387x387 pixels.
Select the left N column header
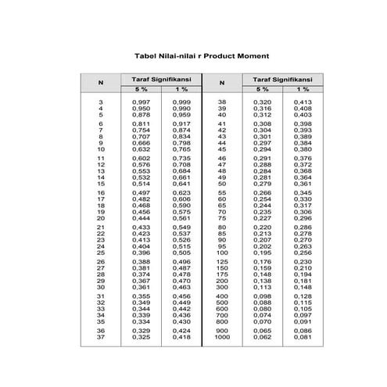coord(100,82)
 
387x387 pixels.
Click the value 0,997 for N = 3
coord(141,102)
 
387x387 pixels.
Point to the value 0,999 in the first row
coord(181,102)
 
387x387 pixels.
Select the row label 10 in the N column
coord(100,149)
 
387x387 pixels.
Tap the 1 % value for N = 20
coord(181,218)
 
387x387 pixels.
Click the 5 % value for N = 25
coord(141,253)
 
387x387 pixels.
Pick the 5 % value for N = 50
coord(262,184)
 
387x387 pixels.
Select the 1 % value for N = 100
coord(302,253)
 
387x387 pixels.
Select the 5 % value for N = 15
coord(141,184)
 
